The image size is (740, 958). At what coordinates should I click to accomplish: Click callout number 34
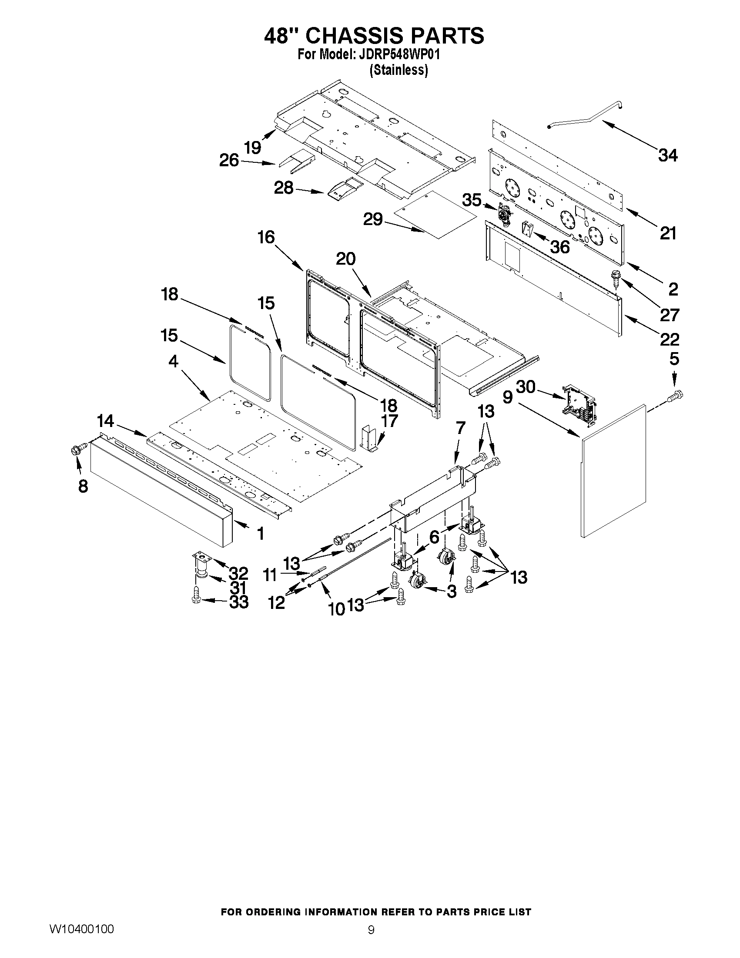click(668, 155)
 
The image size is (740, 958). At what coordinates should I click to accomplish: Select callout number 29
click(373, 219)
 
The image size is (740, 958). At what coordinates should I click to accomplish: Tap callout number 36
click(560, 247)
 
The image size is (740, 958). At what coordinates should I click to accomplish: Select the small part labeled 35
click(506, 215)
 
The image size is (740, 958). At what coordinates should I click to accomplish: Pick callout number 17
click(389, 421)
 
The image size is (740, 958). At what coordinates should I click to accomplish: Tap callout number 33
click(239, 602)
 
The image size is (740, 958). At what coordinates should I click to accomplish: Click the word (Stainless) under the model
click(398, 70)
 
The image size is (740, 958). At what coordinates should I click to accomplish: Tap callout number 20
click(346, 259)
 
